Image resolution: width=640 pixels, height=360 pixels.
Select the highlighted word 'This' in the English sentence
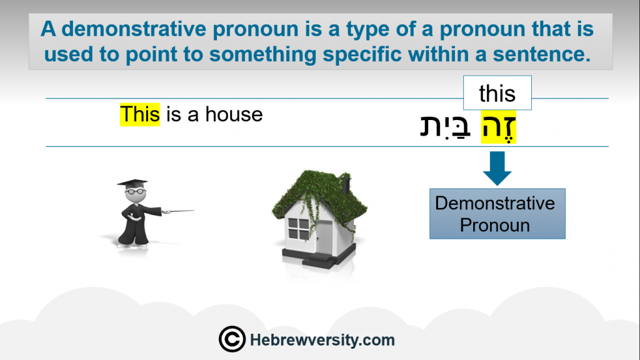click(140, 114)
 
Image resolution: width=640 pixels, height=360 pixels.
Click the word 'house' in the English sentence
click(234, 114)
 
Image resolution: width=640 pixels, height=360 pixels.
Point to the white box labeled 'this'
click(497, 92)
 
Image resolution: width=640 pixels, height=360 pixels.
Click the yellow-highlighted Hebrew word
click(498, 127)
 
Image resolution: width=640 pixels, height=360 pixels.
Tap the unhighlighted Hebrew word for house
click(445, 127)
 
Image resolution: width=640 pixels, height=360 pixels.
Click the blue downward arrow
click(497, 168)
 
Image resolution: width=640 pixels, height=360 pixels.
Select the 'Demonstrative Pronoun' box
click(497, 214)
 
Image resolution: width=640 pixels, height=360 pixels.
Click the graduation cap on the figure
click(132, 184)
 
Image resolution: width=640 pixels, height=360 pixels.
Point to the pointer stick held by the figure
click(178, 211)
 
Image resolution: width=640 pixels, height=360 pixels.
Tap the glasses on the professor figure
click(135, 191)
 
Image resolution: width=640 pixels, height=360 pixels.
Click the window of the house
click(298, 229)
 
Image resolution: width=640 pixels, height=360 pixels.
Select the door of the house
click(325, 237)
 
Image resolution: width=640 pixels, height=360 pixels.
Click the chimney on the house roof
click(346, 184)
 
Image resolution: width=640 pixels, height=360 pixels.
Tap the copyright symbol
click(232, 339)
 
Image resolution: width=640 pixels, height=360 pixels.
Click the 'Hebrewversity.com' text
click(322, 339)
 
